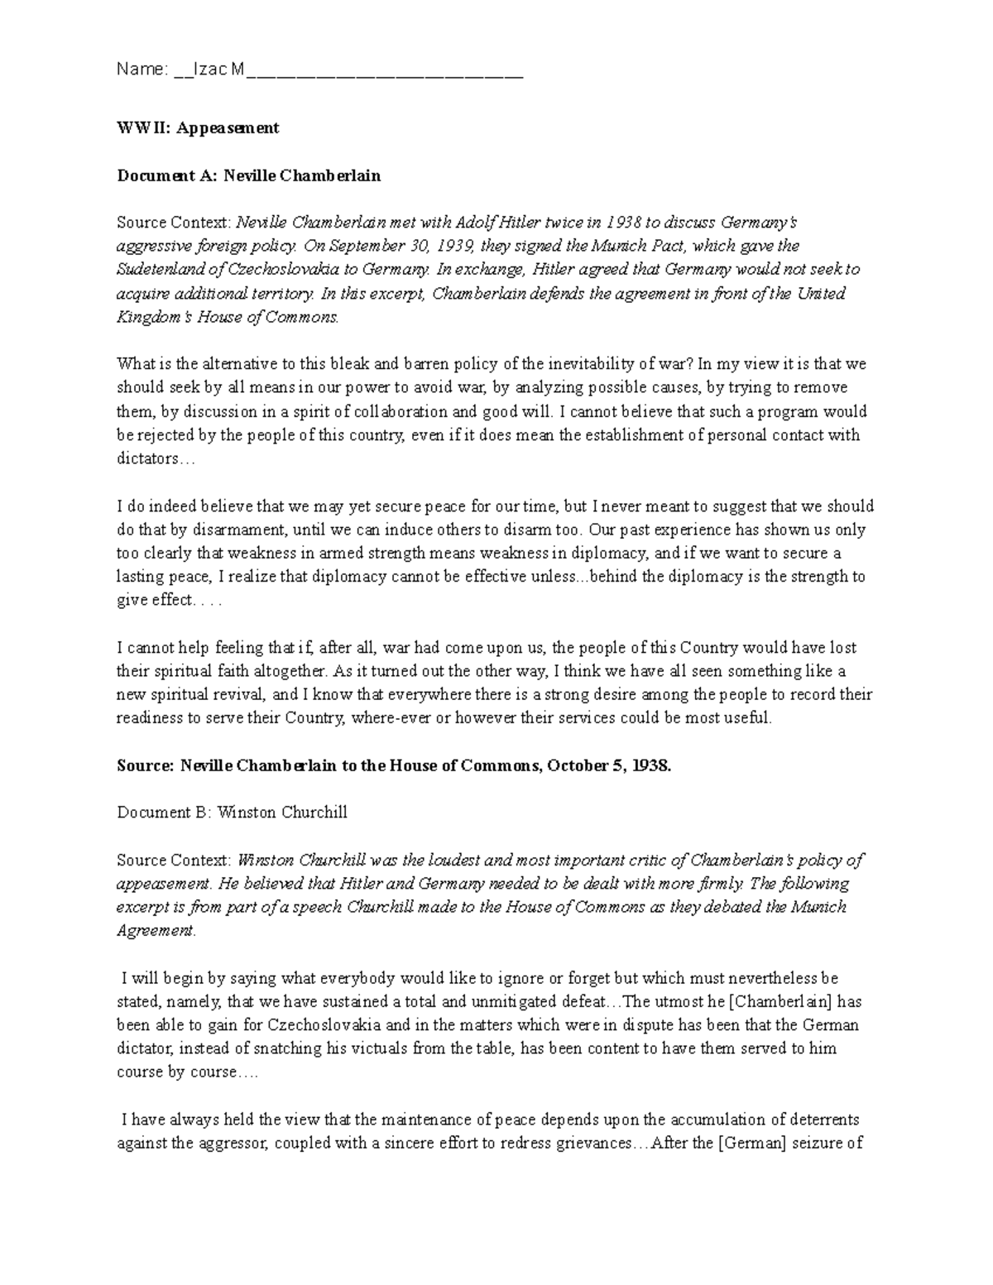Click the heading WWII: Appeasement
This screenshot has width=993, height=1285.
coord(198,128)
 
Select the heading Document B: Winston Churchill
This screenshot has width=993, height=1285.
coord(232,813)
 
